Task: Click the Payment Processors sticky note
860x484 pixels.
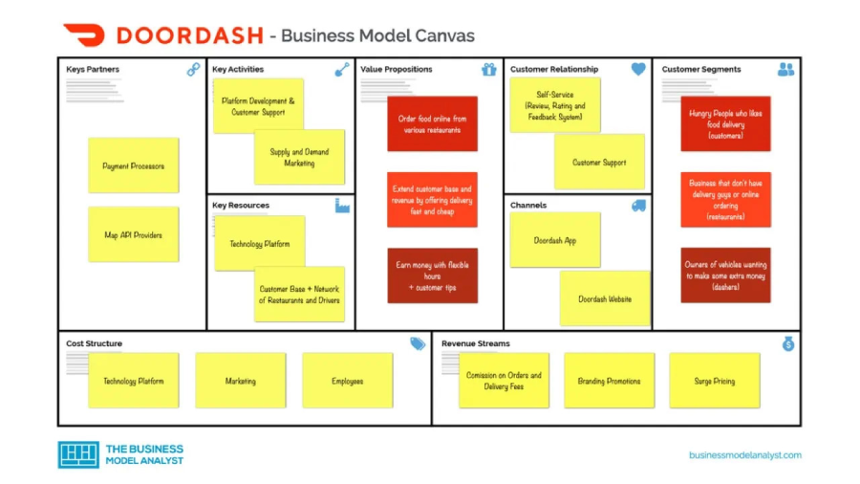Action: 133,165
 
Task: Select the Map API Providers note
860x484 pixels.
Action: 133,234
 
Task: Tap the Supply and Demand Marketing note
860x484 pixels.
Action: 299,157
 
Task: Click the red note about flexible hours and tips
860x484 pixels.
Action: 432,275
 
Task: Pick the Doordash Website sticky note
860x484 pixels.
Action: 604,298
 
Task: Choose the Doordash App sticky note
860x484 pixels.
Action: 555,240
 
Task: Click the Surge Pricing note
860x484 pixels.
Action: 714,381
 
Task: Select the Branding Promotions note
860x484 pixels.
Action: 609,381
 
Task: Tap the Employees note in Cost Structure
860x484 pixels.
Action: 347,381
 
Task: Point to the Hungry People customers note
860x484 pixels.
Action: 725,123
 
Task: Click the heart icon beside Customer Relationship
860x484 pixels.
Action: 638,70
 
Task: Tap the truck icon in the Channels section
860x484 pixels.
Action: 638,206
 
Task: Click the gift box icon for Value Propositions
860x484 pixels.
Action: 489,70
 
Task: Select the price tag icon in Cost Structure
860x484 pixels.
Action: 418,343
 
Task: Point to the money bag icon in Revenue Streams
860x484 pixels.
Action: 787,343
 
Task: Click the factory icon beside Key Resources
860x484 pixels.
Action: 342,206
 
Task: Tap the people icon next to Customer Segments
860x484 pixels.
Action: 785,70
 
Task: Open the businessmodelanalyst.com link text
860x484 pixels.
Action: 744,455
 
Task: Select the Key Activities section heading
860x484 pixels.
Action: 238,70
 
